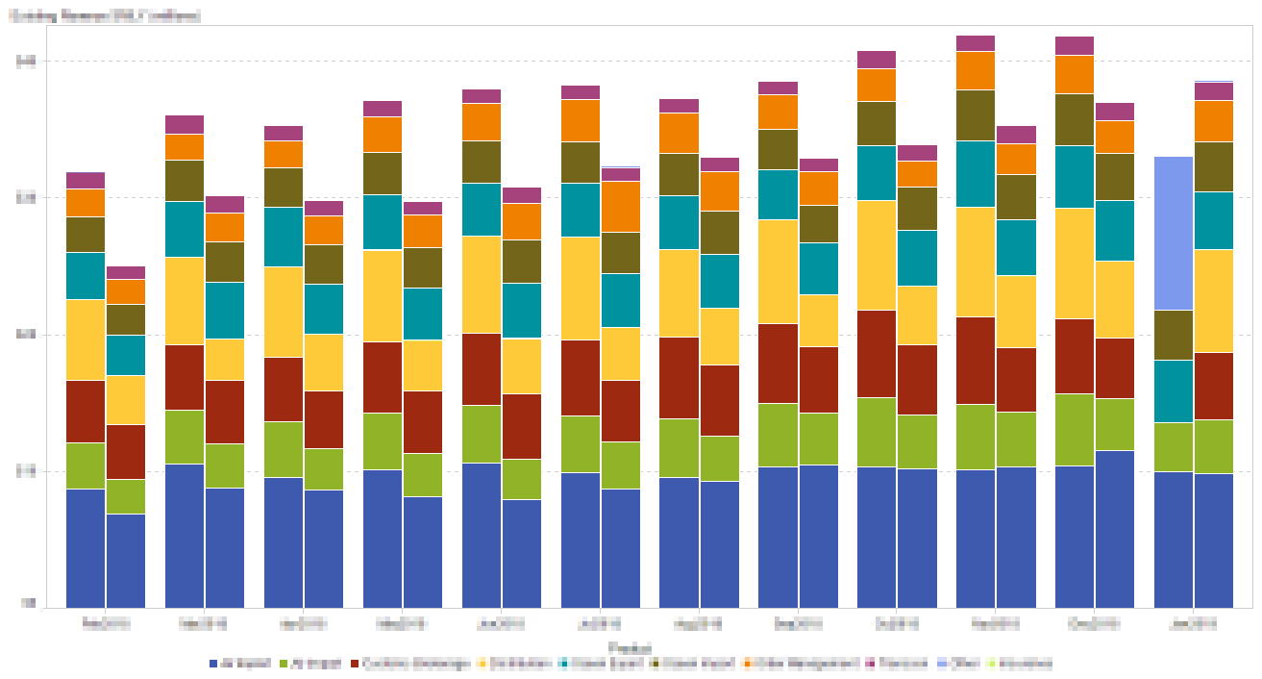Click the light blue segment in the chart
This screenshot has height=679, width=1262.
[x=1173, y=233]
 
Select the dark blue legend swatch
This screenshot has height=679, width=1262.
[x=213, y=664]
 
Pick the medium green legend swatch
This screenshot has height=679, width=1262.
[x=284, y=664]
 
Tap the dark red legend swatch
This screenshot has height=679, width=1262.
[x=355, y=664]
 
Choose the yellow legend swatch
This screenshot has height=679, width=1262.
[x=481, y=664]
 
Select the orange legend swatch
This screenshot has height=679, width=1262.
[x=746, y=664]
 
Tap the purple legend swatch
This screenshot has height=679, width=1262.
[x=870, y=664]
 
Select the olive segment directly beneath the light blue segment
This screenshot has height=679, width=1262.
[x=1173, y=335]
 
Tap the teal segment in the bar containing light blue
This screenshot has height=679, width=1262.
[x=1173, y=390]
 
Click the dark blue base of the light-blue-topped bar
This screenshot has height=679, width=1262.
[x=1173, y=539]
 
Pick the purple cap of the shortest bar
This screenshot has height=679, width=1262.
[x=125, y=272]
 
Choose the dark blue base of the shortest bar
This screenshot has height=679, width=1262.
[x=125, y=561]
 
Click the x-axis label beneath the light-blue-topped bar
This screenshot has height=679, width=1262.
[x=1193, y=623]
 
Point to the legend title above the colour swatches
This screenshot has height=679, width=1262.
[x=629, y=647]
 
